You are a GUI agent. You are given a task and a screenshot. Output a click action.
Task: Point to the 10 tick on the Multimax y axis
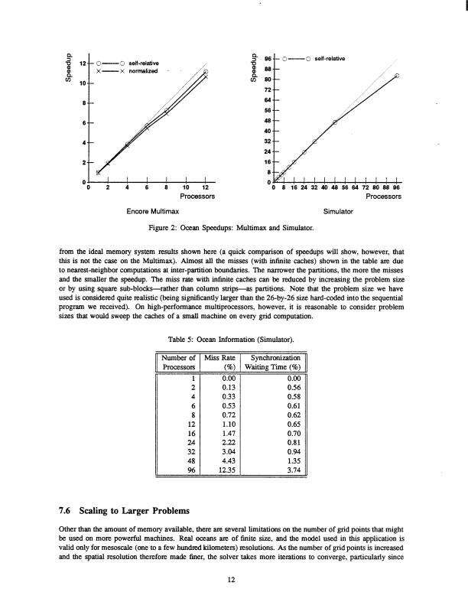[x=81, y=81]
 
